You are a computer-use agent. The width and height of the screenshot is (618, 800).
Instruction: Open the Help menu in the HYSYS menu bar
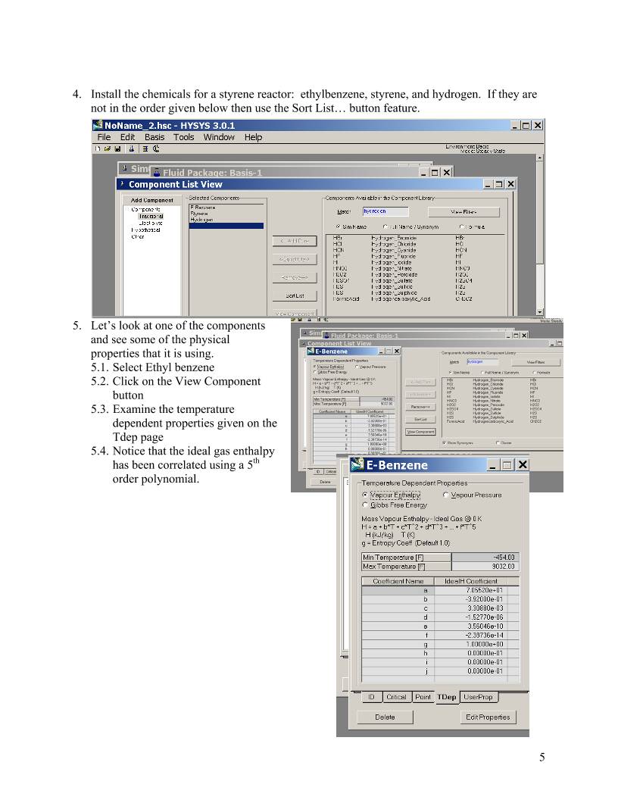(x=253, y=137)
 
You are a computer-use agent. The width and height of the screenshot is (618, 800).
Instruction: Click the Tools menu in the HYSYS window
(x=183, y=137)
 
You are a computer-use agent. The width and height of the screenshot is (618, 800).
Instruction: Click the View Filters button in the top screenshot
(x=463, y=212)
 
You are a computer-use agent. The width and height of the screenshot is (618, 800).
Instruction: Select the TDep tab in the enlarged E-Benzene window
(x=447, y=697)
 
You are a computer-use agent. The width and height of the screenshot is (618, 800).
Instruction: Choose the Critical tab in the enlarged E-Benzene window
(x=396, y=697)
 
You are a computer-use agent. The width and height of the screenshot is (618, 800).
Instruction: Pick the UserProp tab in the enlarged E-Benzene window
(x=478, y=697)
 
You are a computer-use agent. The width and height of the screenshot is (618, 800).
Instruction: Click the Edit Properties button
(x=488, y=717)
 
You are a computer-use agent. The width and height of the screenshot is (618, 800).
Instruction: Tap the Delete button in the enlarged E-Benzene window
(x=385, y=717)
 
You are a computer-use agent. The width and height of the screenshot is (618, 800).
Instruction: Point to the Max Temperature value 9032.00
(x=484, y=566)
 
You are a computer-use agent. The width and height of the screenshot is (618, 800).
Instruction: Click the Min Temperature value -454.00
(x=484, y=558)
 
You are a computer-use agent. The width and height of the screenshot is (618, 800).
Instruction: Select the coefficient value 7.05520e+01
(x=484, y=590)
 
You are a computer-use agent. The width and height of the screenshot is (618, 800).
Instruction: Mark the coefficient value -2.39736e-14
(x=484, y=634)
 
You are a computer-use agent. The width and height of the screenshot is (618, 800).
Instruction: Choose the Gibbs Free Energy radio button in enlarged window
(x=366, y=505)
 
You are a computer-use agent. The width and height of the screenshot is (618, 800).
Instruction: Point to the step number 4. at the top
(x=77, y=95)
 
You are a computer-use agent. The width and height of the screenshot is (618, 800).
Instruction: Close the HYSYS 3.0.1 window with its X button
(x=538, y=125)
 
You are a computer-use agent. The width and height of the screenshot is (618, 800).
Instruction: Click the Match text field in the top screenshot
(x=380, y=212)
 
